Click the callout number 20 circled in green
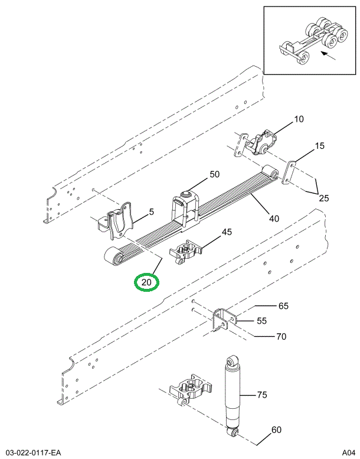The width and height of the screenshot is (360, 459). [146, 282]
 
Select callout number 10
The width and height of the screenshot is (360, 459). [299, 119]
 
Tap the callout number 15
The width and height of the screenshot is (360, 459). [319, 146]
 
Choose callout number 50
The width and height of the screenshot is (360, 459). [214, 174]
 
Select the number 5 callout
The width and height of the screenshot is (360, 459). [152, 212]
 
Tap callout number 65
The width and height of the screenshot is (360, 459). [283, 306]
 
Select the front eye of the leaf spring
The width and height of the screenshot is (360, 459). [112, 257]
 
